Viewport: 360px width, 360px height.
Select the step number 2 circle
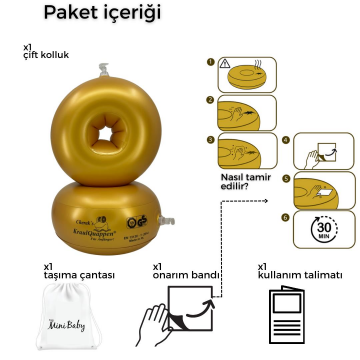(212, 100)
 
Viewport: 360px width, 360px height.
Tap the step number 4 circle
(286, 141)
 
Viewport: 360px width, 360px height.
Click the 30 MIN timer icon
(321, 230)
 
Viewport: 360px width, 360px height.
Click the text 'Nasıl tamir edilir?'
(244, 181)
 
